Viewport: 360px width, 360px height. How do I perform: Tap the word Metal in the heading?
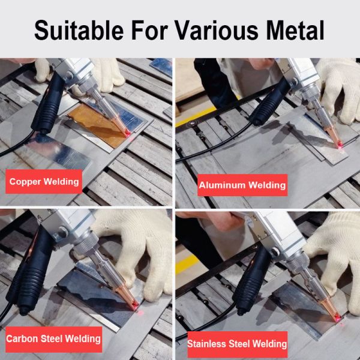coord(293,29)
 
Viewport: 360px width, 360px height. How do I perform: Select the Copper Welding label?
coord(44,181)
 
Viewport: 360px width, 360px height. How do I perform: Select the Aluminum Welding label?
coord(242,185)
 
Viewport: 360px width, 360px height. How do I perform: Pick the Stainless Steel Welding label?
coord(237,344)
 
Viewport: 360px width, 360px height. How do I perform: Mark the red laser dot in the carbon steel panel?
coord(136,305)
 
